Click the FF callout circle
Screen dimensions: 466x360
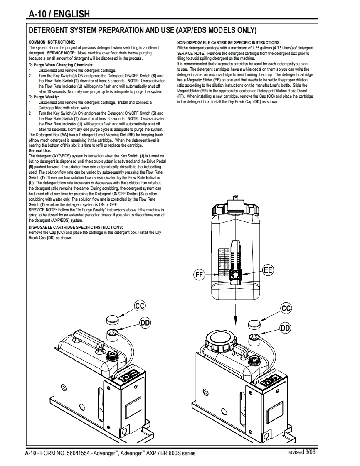(x=200, y=275)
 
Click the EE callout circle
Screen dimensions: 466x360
(x=269, y=270)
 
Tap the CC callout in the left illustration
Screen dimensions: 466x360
(x=140, y=306)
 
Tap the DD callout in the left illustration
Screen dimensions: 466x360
(x=145, y=322)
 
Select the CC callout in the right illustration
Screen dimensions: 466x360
(x=286, y=308)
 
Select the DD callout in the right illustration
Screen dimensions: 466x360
(x=285, y=328)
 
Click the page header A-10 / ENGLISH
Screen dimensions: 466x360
(x=59, y=14)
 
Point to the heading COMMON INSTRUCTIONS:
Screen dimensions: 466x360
(x=52, y=42)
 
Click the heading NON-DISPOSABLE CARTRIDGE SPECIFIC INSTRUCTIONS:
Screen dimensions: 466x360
(x=229, y=42)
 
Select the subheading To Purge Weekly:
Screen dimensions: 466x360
(x=44, y=97)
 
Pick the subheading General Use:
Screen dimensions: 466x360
(x=39, y=151)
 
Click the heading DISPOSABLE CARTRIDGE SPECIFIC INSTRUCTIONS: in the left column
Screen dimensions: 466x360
(x=76, y=227)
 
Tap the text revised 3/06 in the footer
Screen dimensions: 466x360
(x=301, y=452)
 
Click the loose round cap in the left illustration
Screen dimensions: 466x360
(x=111, y=319)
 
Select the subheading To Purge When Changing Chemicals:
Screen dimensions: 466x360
(x=61, y=65)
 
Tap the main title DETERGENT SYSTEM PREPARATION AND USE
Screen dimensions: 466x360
(x=142, y=31)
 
